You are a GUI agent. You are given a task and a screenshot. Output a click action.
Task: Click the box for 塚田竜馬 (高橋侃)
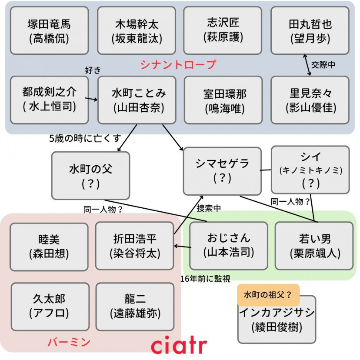point(49,31)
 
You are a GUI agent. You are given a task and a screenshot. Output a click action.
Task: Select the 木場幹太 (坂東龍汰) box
point(137,31)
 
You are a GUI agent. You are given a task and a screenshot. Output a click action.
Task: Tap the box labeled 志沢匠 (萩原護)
point(223,30)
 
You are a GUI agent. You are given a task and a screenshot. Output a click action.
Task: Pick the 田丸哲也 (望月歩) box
point(310,31)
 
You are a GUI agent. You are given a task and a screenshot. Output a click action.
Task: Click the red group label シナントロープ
point(178,65)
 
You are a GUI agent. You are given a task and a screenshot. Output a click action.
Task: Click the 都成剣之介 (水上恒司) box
point(49,100)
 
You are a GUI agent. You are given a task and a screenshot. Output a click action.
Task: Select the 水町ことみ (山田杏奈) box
point(137,100)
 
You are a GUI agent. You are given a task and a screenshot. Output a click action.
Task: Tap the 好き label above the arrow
point(93,70)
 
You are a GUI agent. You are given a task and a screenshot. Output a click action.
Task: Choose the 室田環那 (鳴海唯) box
point(223,100)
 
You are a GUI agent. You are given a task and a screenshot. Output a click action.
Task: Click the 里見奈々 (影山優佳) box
point(310,100)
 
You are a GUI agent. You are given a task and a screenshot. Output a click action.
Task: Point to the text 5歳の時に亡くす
point(85,138)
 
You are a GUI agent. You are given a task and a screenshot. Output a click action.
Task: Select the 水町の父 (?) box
point(90,175)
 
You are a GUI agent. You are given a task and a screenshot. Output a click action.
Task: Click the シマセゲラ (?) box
point(222,170)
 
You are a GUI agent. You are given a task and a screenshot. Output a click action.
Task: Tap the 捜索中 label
point(209,208)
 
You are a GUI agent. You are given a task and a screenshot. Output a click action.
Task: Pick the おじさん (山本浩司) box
point(228,245)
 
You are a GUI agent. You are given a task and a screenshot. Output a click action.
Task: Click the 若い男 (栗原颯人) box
point(314,245)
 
